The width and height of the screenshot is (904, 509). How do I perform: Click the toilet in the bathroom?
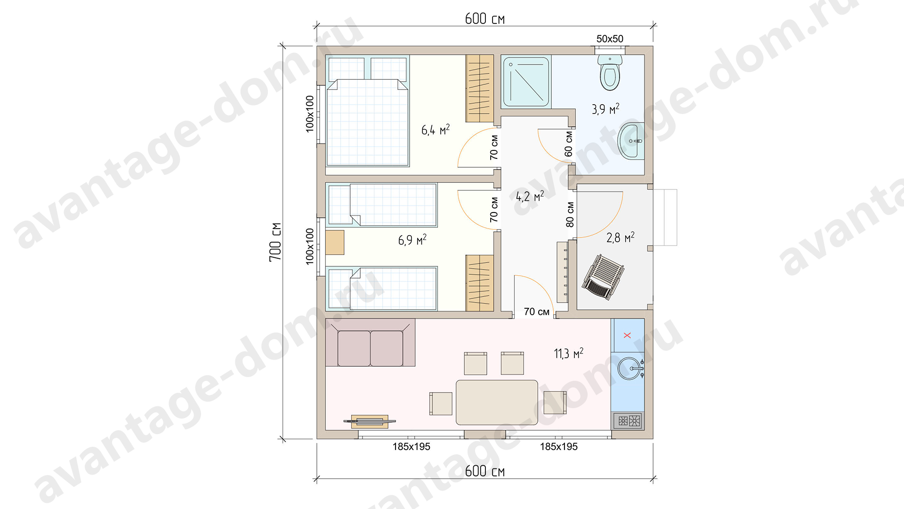pos(610,73)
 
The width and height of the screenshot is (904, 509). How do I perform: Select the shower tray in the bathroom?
pos(526,82)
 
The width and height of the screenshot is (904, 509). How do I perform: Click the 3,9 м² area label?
pos(605,109)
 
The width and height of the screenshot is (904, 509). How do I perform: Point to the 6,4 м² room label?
pos(436,130)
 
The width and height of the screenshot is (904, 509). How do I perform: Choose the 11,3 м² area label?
pos(568,353)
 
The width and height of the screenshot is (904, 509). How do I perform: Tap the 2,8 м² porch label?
pos(620,237)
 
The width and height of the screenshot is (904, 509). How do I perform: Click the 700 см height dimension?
pos(275,242)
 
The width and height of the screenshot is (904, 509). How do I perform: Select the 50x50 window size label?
pos(610,39)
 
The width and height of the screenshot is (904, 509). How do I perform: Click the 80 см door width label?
pos(570,214)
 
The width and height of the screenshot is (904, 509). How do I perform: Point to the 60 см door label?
pos(569,144)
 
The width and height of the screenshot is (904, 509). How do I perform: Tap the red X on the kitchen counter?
pos(627,335)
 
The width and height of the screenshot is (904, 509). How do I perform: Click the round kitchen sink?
pos(630,369)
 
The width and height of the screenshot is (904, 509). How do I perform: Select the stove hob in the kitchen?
pos(629,420)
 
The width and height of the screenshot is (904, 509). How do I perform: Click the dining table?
pos(497,402)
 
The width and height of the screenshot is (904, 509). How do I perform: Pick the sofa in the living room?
pos(371,343)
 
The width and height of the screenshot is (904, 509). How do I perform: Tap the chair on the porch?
pos(603,278)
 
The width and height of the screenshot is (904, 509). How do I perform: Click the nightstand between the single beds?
pos(335,242)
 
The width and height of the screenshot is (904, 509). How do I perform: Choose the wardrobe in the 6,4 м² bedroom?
pos(480,89)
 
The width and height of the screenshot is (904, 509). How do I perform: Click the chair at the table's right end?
pos(555,402)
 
